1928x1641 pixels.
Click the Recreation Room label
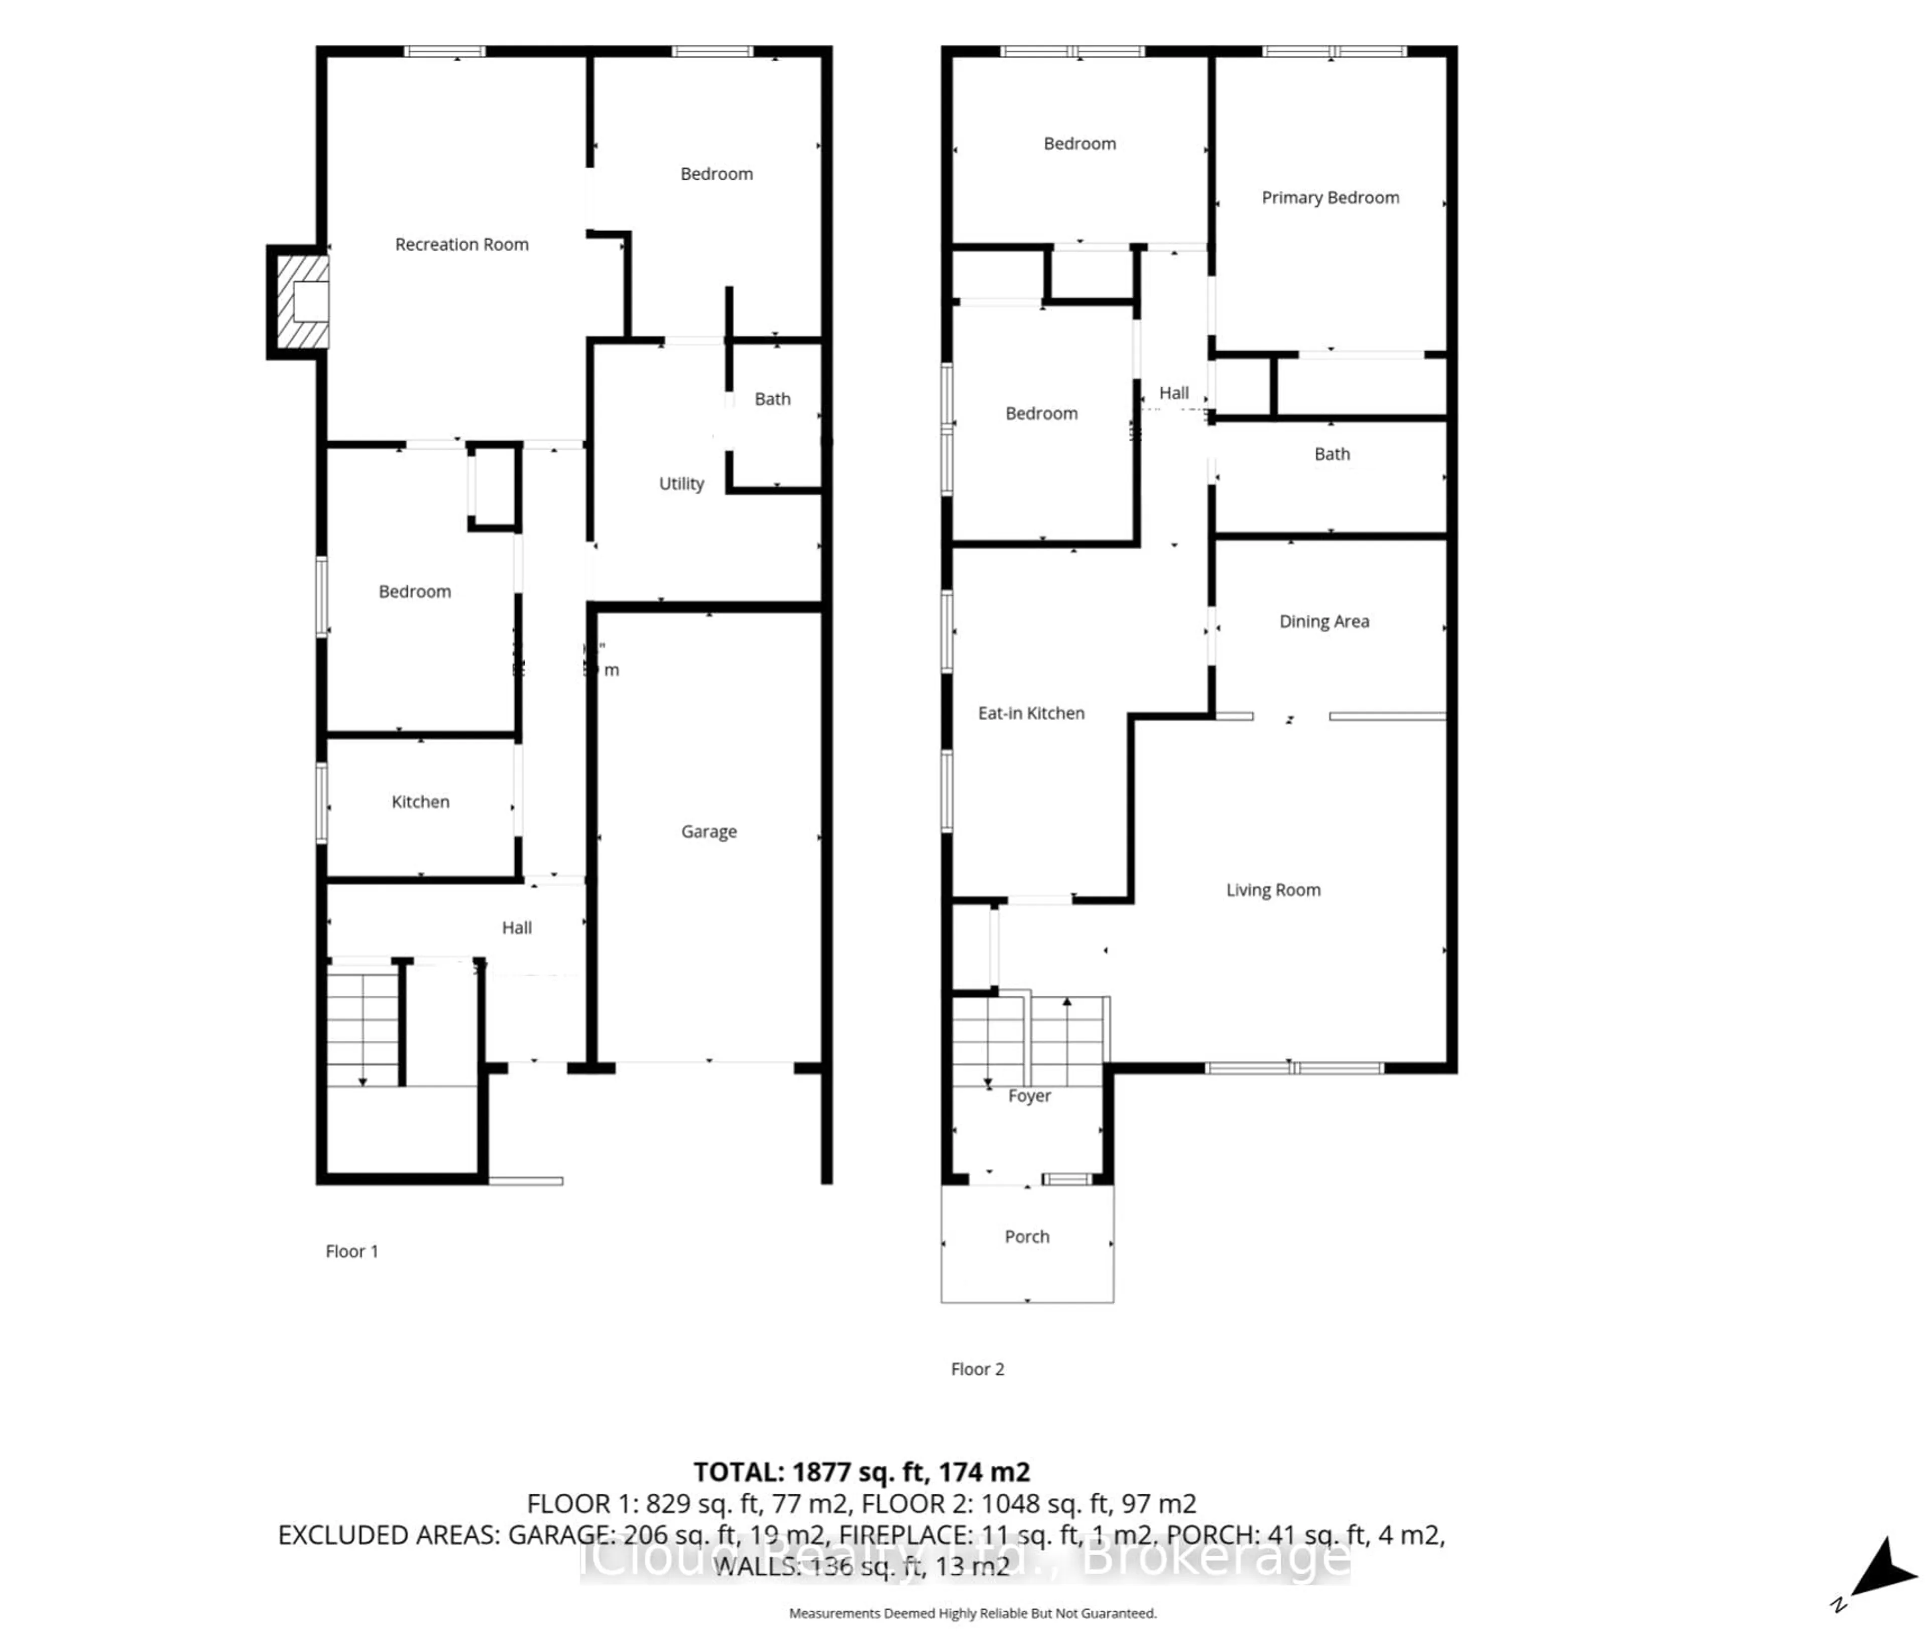[461, 245]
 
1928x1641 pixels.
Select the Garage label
[709, 832]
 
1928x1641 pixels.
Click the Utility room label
[681, 484]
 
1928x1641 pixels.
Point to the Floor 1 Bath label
[772, 399]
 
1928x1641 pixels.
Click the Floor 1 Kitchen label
[420, 802]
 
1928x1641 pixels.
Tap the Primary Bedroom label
[1330, 198]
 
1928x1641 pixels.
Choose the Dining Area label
[1323, 621]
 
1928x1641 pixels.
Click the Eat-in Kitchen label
[1030, 714]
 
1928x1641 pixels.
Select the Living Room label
[1272, 890]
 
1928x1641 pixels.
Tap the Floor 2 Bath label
[1331, 454]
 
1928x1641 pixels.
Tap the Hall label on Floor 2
[1173, 393]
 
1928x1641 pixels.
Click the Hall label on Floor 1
[516, 927]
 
